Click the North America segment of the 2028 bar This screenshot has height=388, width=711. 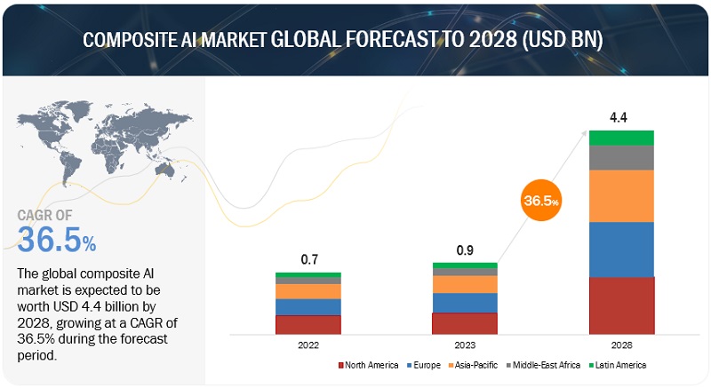coord(622,305)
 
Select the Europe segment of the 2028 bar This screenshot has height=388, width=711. coord(622,249)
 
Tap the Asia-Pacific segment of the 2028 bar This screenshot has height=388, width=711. coord(622,195)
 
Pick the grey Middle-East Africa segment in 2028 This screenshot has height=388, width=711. coord(622,157)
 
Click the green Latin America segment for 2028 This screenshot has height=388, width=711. coord(622,138)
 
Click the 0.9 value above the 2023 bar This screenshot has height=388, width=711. coord(465,250)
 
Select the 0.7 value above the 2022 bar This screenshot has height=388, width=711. coord(308,259)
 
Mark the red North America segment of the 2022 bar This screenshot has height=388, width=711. coord(308,324)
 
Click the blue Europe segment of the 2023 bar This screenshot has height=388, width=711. coord(465,302)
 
